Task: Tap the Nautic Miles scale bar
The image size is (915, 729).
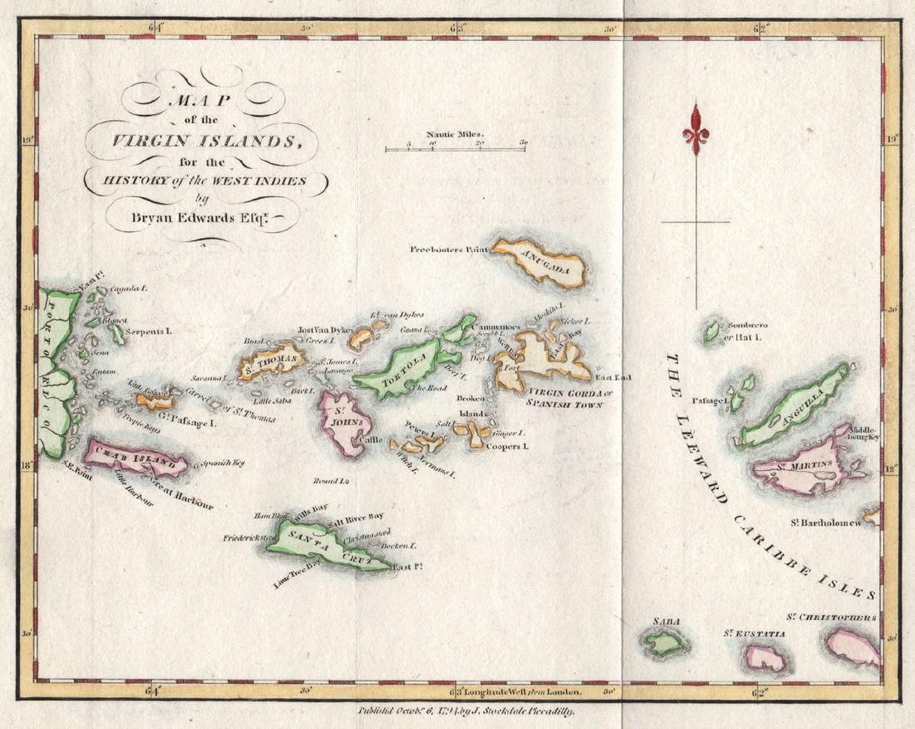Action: pos(454,149)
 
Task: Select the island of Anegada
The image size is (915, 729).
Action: pos(541,263)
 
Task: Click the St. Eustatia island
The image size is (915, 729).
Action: pos(764,657)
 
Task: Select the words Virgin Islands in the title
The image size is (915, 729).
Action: pos(203,141)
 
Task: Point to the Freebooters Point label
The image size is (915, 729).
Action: pos(447,249)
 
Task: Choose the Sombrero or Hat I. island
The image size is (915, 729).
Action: pos(712,330)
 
